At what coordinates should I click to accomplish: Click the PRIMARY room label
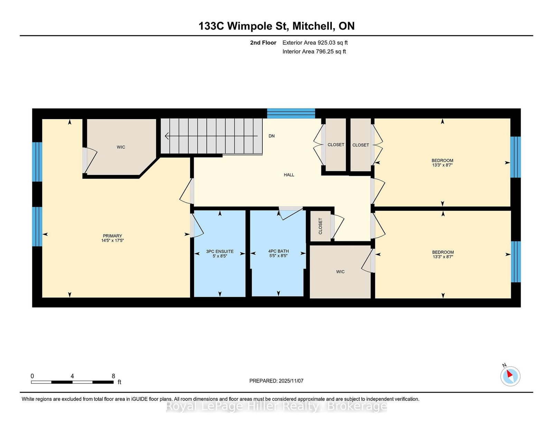pyautogui.click(x=112, y=236)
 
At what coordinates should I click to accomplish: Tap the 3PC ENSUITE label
pyautogui.click(x=219, y=251)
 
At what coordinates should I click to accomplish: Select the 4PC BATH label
pyautogui.click(x=279, y=251)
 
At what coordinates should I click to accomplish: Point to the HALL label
pyautogui.click(x=289, y=175)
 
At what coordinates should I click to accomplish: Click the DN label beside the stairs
pyautogui.click(x=272, y=136)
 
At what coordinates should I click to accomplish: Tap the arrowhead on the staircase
pyautogui.click(x=167, y=136)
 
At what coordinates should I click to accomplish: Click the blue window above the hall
pyautogui.click(x=291, y=113)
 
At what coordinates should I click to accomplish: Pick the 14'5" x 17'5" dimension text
pyautogui.click(x=112, y=241)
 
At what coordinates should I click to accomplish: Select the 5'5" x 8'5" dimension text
pyautogui.click(x=279, y=256)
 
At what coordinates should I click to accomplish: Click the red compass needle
pyautogui.click(x=509, y=373)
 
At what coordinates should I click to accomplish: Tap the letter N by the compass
pyautogui.click(x=504, y=365)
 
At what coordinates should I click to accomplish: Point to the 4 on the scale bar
pyautogui.click(x=72, y=376)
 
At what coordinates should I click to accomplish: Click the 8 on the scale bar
pyautogui.click(x=113, y=376)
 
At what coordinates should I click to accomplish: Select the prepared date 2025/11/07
pyautogui.click(x=291, y=381)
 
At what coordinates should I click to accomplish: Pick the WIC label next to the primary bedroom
pyautogui.click(x=121, y=147)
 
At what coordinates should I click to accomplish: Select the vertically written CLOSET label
pyautogui.click(x=320, y=226)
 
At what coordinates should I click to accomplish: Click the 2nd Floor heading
pyautogui.click(x=263, y=43)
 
